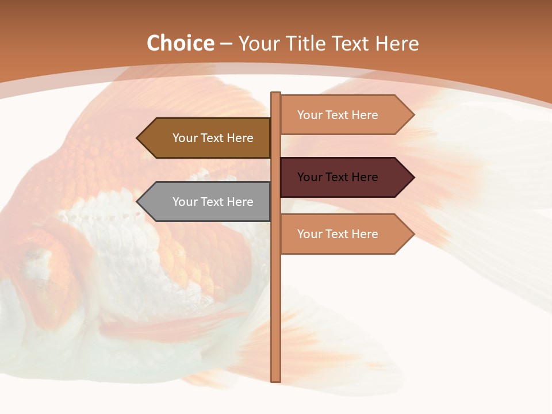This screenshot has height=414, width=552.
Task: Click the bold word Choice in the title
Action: tap(180, 44)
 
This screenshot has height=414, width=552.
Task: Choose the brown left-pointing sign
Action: tap(207, 138)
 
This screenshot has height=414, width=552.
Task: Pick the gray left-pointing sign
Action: tap(207, 202)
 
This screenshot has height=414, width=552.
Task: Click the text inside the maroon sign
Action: tap(338, 177)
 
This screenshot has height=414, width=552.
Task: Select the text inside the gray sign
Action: tap(213, 202)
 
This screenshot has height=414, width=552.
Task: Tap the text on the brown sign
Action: tap(213, 138)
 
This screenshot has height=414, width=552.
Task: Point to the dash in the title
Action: tap(227, 44)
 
